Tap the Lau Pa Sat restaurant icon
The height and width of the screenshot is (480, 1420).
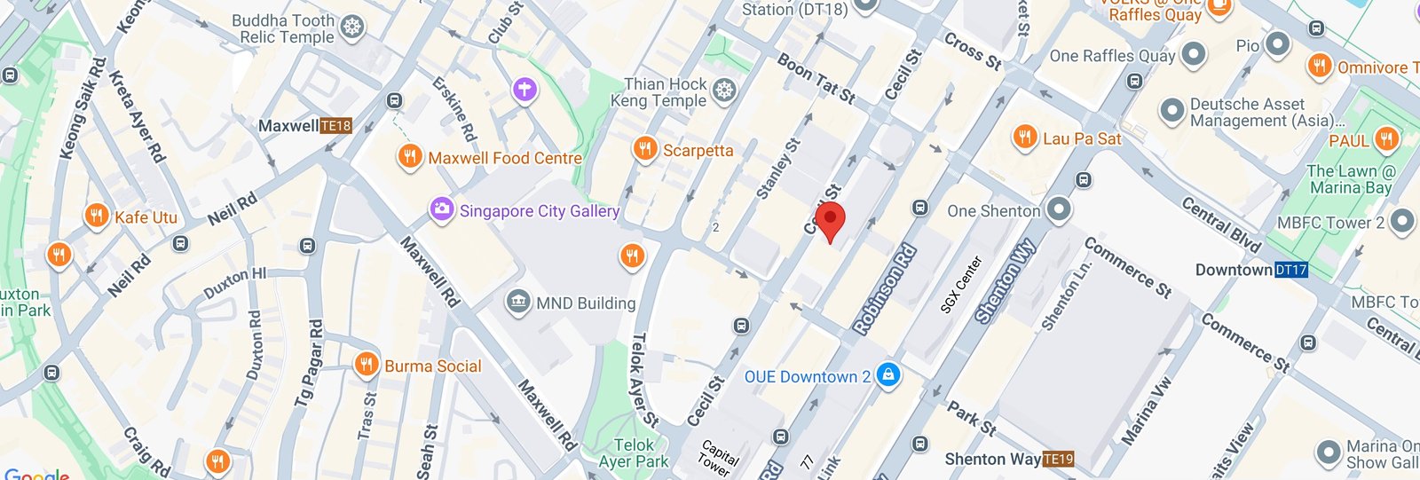1024,138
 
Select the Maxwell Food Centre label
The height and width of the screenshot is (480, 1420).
504,158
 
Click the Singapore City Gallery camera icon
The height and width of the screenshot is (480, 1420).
441,210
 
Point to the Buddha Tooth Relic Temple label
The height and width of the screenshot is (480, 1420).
283,28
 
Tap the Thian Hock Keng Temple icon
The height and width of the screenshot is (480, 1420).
725,90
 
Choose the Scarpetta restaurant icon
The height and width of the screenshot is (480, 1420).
644,149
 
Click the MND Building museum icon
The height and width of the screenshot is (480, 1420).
517,302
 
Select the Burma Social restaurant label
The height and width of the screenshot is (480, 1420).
432,366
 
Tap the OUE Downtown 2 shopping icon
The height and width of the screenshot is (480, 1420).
887,375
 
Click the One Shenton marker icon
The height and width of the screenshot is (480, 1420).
1058,210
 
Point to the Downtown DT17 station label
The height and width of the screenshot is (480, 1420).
1250,270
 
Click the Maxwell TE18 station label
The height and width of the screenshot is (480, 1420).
304,126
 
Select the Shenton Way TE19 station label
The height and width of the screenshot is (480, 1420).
1009,459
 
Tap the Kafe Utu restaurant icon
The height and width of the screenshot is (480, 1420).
97,216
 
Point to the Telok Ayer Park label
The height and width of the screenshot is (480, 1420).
634,452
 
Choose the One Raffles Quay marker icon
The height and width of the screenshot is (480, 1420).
1194,55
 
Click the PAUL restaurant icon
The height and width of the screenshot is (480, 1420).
1386,139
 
